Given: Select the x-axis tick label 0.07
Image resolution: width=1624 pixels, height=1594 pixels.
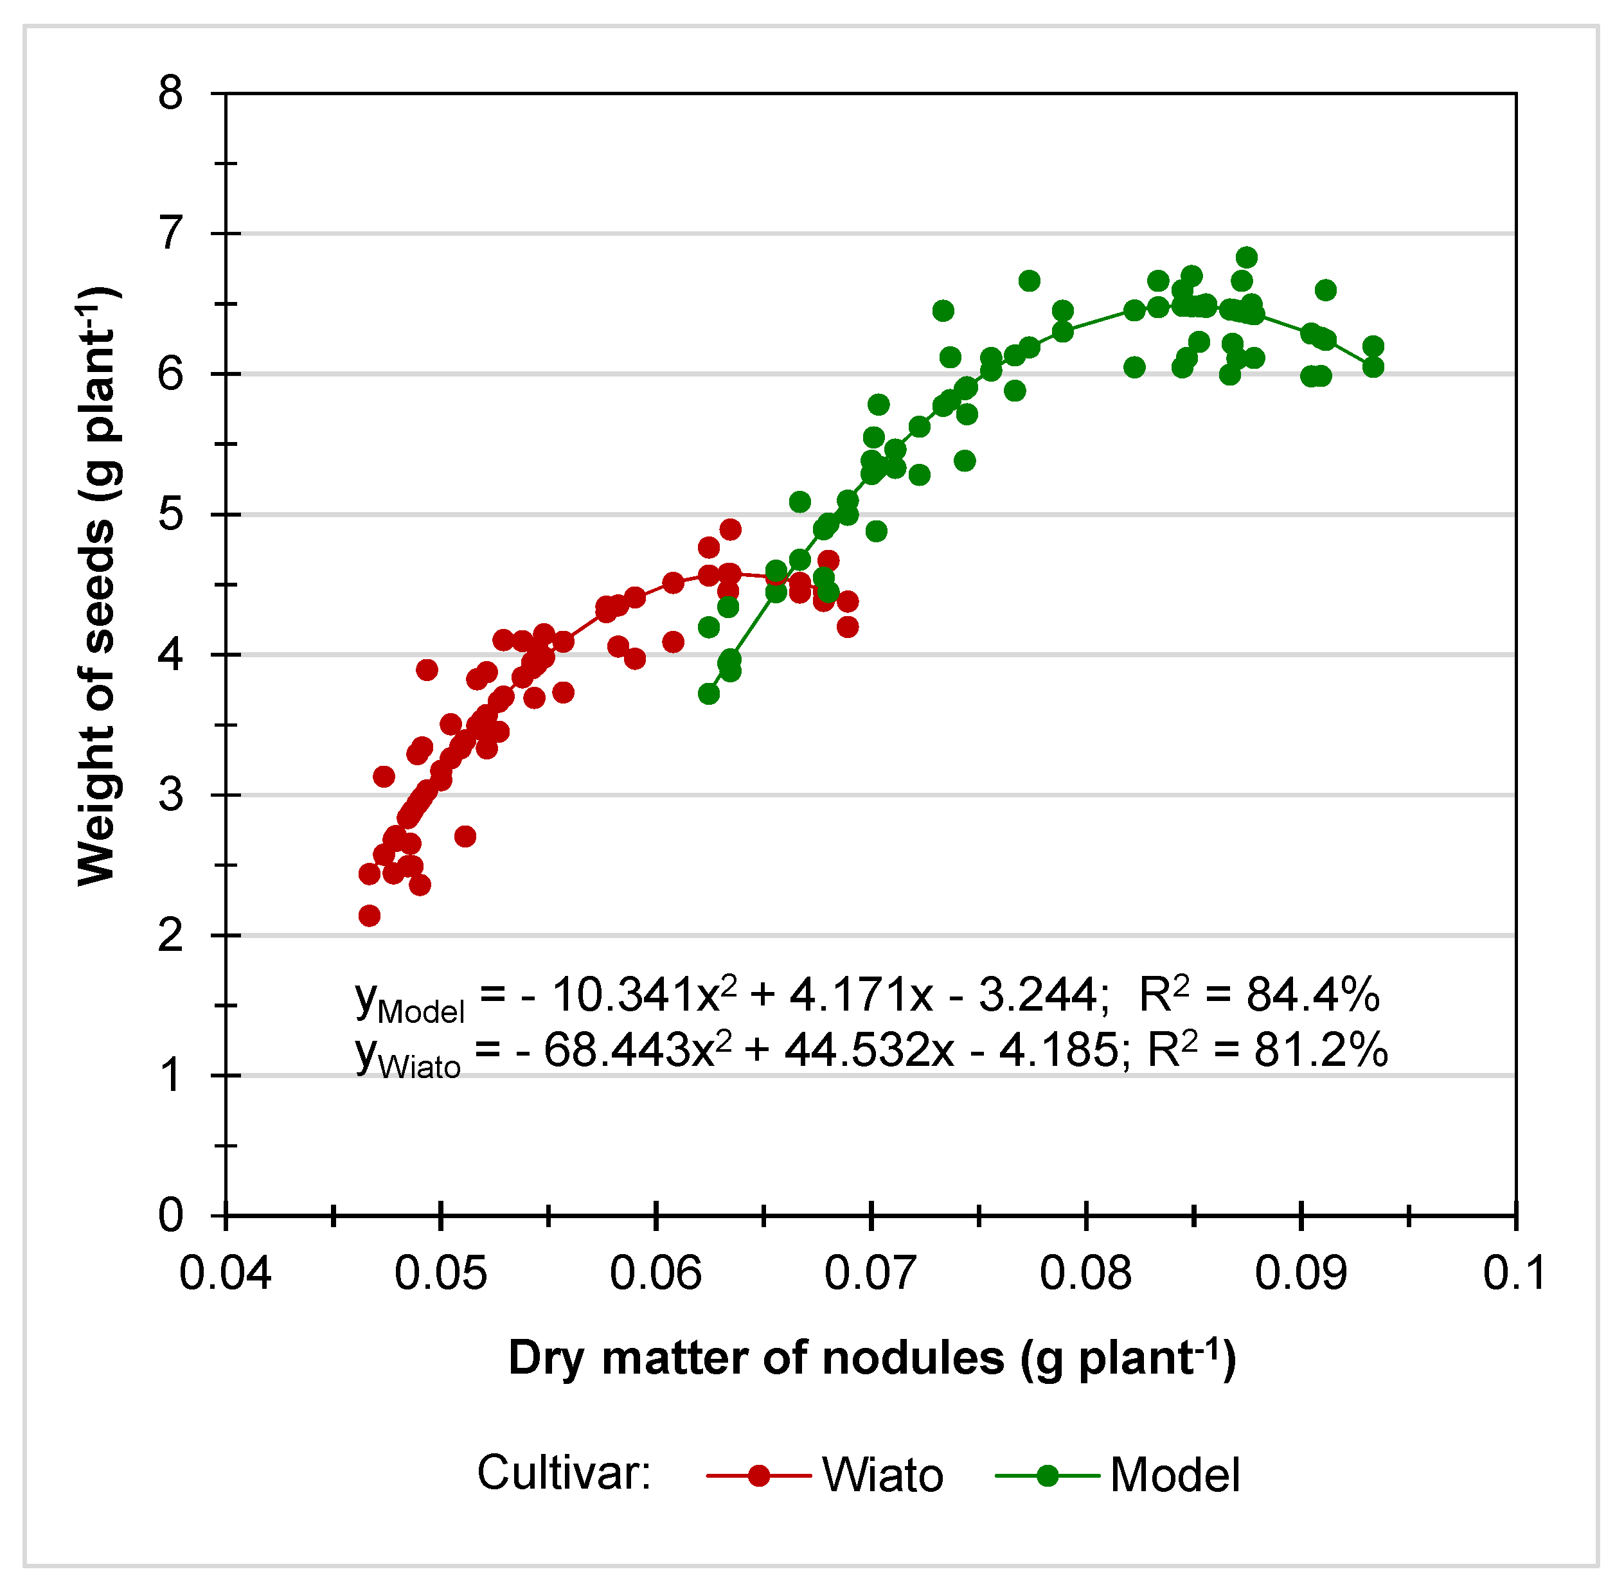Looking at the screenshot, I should [870, 1273].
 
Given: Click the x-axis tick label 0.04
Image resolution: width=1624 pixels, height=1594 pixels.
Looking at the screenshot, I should [226, 1273].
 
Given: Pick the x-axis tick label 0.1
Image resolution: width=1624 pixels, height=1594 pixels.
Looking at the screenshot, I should [1513, 1273].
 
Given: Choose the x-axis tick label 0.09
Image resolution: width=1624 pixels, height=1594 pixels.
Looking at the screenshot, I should [1301, 1273].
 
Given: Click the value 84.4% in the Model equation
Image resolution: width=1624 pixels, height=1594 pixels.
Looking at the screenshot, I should [1312, 995].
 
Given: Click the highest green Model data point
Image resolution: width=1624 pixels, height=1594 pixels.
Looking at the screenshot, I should [1246, 257].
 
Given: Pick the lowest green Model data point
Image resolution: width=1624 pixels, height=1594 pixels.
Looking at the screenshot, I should [709, 693].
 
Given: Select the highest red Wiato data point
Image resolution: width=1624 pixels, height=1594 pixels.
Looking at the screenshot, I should [730, 529].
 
